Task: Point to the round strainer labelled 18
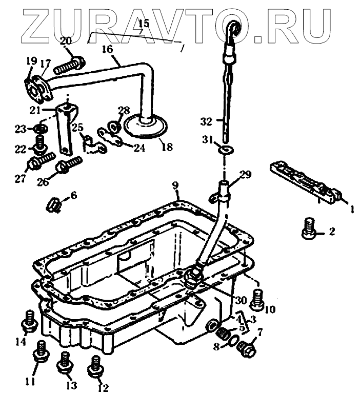pyautogui.click(x=145, y=124)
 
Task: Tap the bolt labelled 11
pyautogui.click(x=39, y=354)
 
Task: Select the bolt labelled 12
pyautogui.click(x=95, y=364)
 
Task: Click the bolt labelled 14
pyautogui.click(x=28, y=321)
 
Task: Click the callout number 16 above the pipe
pyautogui.click(x=107, y=50)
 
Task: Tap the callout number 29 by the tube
pyautogui.click(x=246, y=175)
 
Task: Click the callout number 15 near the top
pyautogui.click(x=144, y=23)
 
